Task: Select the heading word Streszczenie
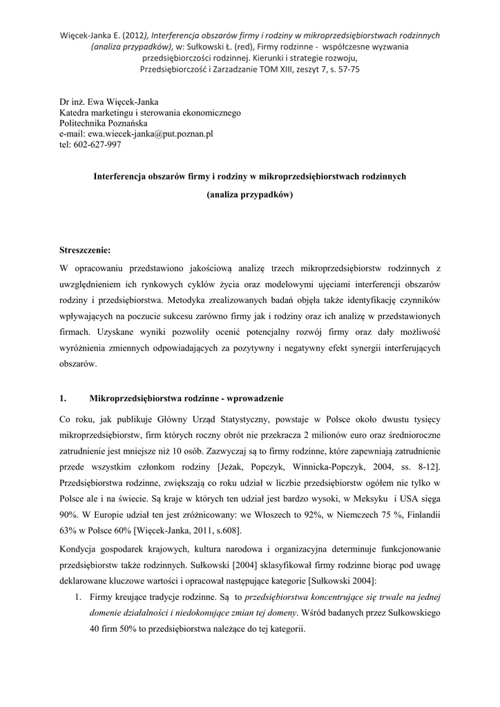[x=85, y=249]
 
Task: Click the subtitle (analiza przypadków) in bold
[x=250, y=195]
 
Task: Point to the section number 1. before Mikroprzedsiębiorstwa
[x=63, y=398]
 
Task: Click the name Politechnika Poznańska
[x=99, y=123]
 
